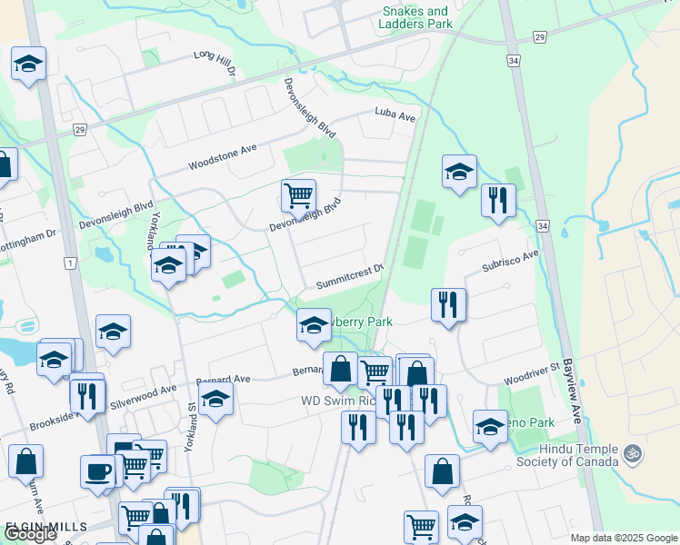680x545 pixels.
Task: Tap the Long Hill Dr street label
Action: pos(215,63)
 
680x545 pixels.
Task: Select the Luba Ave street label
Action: pos(395,115)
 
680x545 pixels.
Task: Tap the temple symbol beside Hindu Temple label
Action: pos(635,451)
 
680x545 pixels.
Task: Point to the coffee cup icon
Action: pos(98,471)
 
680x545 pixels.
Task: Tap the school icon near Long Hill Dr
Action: pos(28,64)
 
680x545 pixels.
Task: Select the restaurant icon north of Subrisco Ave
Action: pos(497,201)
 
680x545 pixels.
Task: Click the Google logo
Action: pos(31,534)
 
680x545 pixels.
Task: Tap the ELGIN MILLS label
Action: pos(47,526)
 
